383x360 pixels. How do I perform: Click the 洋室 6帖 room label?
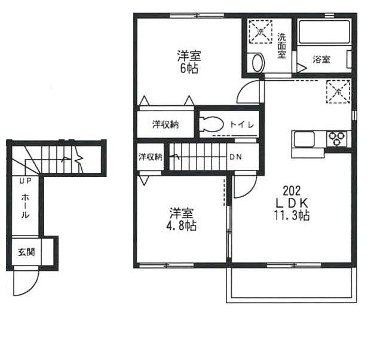click(x=189, y=62)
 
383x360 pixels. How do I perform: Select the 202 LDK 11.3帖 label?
click(x=291, y=203)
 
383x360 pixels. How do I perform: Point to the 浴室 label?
click(x=321, y=59)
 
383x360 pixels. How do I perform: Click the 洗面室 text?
click(x=281, y=45)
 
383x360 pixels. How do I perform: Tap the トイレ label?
click(x=243, y=124)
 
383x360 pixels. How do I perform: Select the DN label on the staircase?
click(x=237, y=157)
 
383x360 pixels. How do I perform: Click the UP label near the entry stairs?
click(x=24, y=181)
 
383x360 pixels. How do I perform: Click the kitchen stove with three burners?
click(x=337, y=139)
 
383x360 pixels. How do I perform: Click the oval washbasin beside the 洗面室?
click(x=258, y=62)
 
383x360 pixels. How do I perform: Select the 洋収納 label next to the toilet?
click(x=164, y=124)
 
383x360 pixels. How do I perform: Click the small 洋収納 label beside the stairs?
click(x=151, y=157)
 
